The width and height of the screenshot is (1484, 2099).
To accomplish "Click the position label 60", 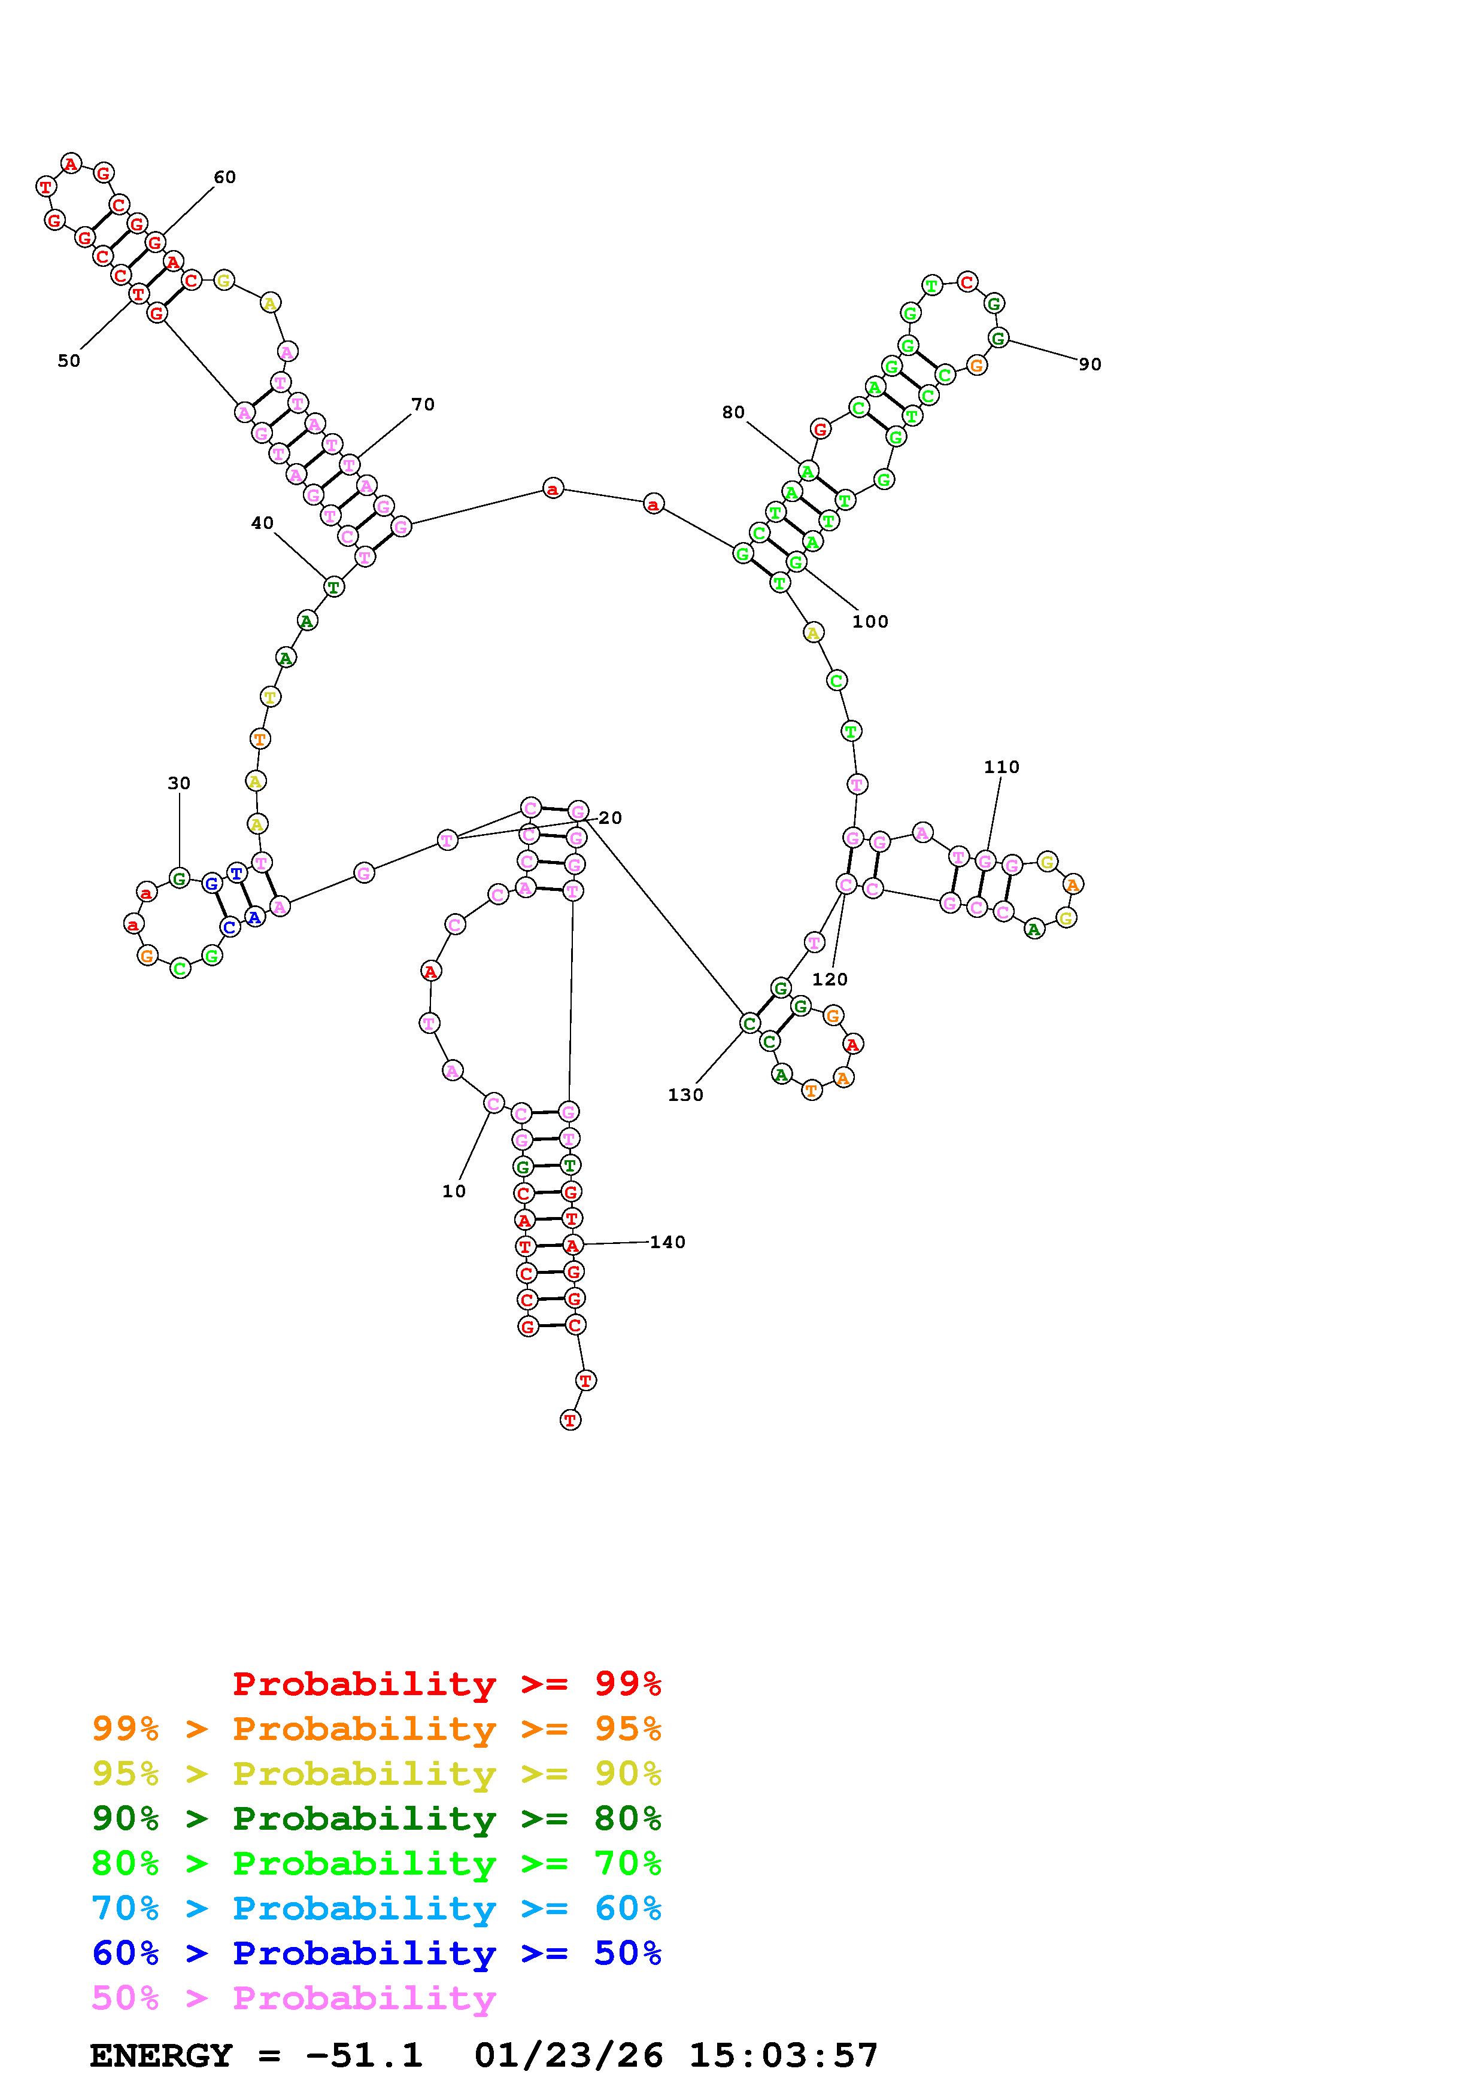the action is tap(225, 177).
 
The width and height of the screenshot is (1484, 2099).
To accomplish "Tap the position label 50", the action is tap(69, 361).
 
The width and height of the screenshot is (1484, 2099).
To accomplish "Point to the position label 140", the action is tap(667, 1242).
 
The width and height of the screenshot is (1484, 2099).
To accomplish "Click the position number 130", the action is tap(686, 1095).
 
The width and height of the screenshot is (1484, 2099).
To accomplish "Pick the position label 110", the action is tap(1002, 767).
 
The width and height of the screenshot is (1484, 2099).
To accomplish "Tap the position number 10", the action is tap(454, 1191).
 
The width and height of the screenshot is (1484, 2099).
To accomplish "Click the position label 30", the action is tap(179, 783).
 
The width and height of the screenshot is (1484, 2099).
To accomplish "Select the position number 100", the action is tap(870, 622).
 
